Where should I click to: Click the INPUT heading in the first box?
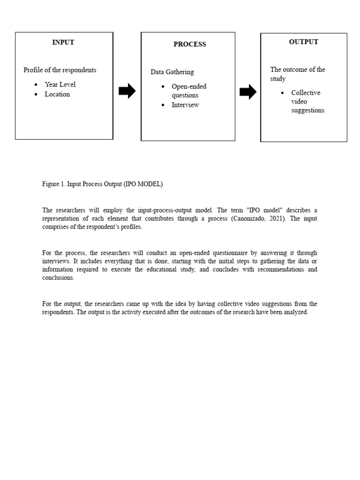click(63, 42)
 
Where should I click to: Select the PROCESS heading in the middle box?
click(189, 45)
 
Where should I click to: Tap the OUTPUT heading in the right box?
click(303, 42)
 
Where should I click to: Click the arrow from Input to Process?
click(127, 91)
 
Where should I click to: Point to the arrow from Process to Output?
click(248, 92)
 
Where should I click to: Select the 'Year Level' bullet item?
click(60, 84)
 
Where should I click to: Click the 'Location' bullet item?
click(57, 94)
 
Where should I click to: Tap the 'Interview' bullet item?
click(185, 105)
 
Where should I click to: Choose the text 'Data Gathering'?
click(172, 72)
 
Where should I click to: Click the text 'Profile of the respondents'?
click(60, 70)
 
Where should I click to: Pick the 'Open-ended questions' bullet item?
click(188, 91)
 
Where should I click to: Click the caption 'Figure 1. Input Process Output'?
click(102, 184)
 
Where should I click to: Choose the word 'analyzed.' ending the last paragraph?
click(296, 312)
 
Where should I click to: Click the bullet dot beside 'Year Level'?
click(36, 85)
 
